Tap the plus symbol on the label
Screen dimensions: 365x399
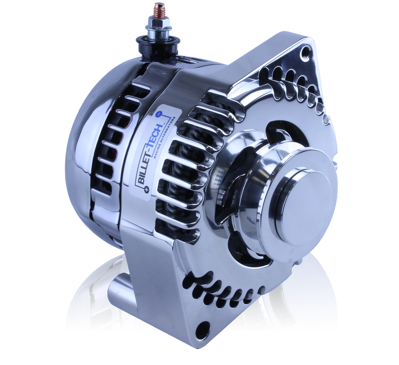[x=146, y=189]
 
